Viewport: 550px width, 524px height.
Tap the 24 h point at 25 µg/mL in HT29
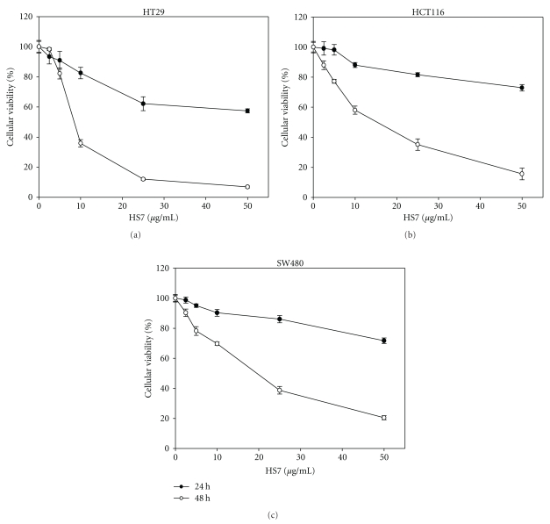point(143,104)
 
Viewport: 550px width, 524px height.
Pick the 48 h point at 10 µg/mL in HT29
point(81,143)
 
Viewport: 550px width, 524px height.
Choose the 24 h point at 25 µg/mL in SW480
point(280,319)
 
